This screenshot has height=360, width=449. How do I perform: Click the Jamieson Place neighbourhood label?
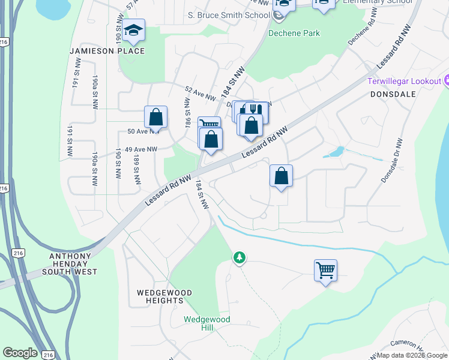click(x=107, y=51)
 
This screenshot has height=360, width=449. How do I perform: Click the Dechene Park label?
click(x=294, y=34)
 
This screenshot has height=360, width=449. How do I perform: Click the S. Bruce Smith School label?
click(x=228, y=15)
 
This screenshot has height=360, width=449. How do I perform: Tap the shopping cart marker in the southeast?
click(x=325, y=270)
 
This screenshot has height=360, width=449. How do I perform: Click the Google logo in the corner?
click(x=20, y=353)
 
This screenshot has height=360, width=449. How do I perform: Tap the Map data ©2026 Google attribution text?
click(x=412, y=355)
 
